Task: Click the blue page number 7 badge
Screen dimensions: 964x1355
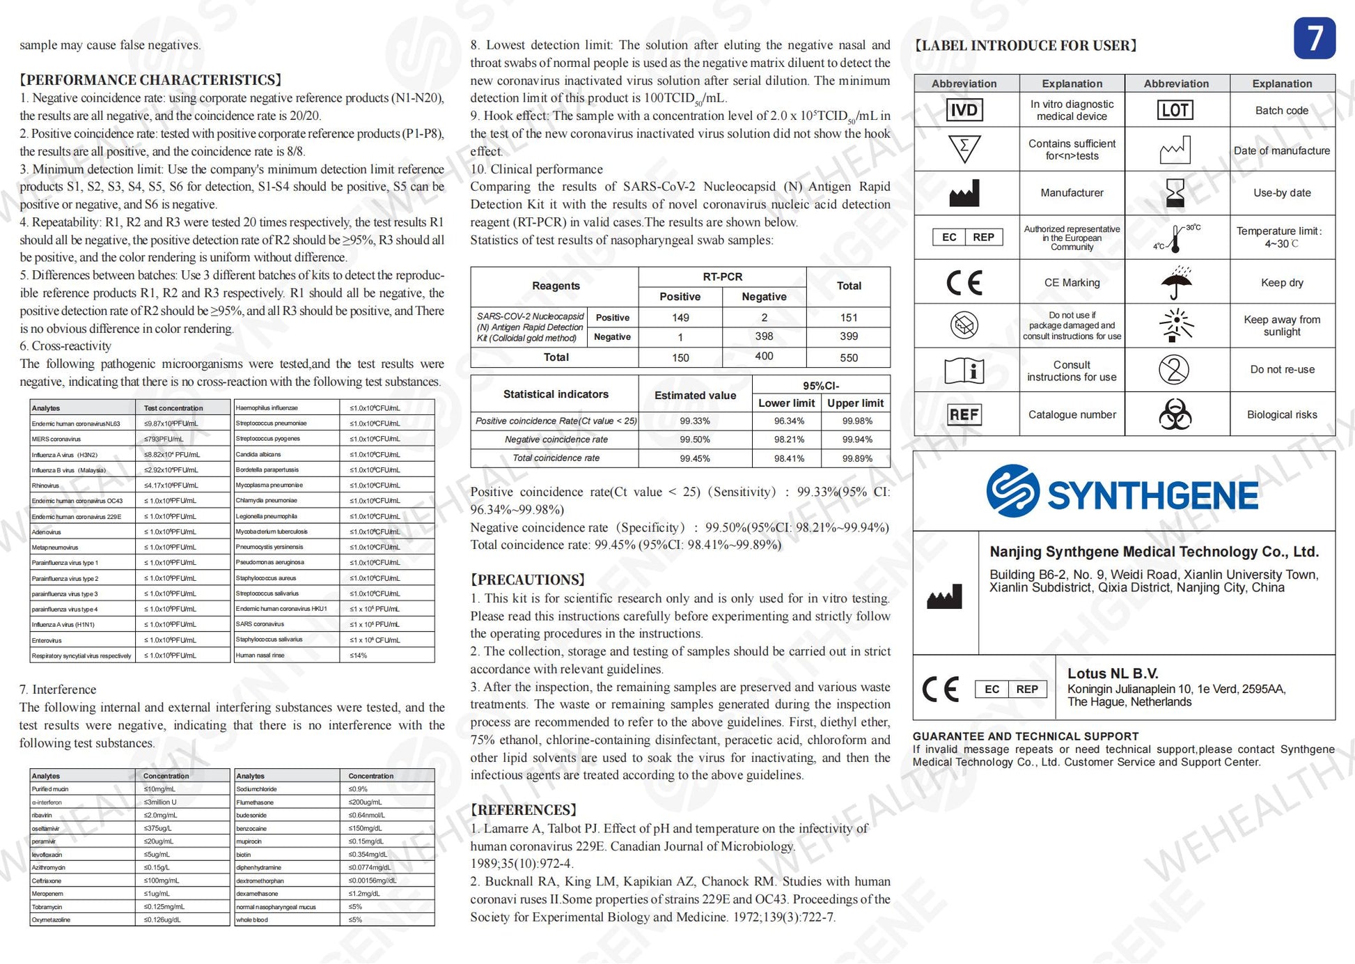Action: click(x=1314, y=38)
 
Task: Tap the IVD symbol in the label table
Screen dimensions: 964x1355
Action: click(x=964, y=110)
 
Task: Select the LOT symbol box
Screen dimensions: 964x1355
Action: click(x=1175, y=110)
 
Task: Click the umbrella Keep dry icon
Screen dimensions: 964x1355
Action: click(x=1176, y=282)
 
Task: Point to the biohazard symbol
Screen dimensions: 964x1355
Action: click(x=1175, y=414)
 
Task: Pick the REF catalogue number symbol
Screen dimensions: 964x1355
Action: click(x=964, y=414)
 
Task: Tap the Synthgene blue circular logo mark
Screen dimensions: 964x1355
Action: click(x=1012, y=491)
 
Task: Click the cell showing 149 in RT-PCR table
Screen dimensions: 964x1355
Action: click(x=680, y=318)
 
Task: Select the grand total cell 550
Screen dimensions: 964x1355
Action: click(x=848, y=357)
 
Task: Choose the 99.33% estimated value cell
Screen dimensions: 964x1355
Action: click(x=695, y=421)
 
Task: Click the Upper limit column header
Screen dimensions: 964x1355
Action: click(x=855, y=403)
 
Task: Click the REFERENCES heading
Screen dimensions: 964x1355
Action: click(x=524, y=810)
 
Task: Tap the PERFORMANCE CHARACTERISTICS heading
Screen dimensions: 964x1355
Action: click(x=151, y=80)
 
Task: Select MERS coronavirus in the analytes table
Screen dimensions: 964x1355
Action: click(x=56, y=440)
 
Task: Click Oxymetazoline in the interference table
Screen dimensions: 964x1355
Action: click(x=51, y=920)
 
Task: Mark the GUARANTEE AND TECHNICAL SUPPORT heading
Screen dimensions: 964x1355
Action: click(x=1025, y=736)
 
